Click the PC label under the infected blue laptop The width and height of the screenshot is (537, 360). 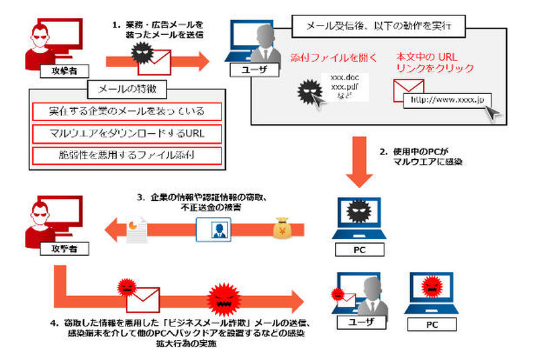point(358,251)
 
